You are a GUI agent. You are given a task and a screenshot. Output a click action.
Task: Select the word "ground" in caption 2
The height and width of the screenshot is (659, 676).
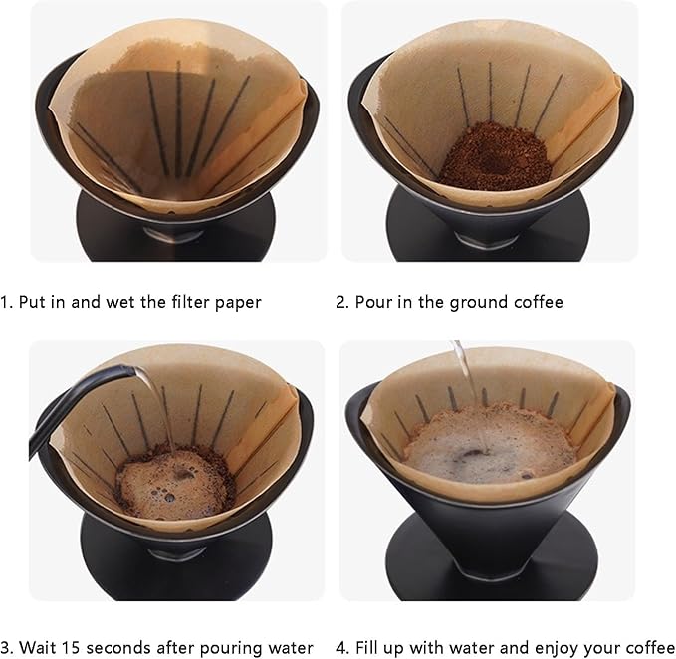point(473,301)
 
